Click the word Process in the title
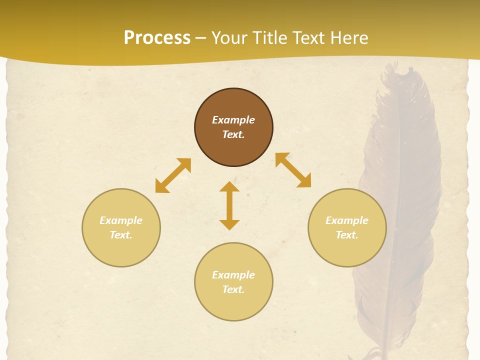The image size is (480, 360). pos(157,38)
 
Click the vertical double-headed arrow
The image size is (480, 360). pos(229,205)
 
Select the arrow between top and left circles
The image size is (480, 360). pos(173,175)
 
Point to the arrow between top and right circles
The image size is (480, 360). pos(293,170)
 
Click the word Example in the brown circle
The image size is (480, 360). pos(233,120)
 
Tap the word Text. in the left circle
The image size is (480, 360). pos(121,235)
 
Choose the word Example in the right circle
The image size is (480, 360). pos(347,220)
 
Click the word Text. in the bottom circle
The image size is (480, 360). pos(233,289)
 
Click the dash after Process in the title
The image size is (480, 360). pos(200,38)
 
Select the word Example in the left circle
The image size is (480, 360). pos(121,220)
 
